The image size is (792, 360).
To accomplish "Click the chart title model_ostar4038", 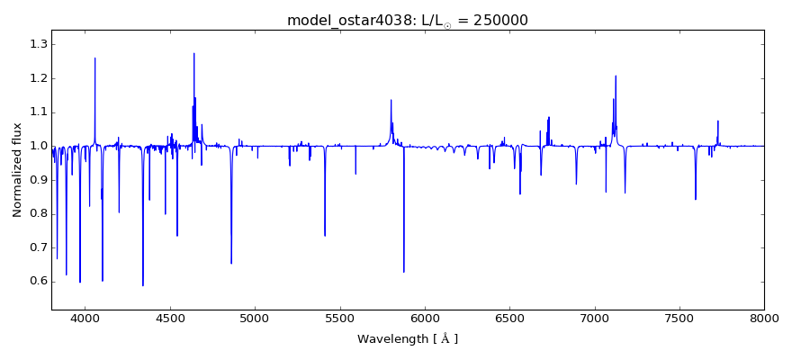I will [x=345, y=21].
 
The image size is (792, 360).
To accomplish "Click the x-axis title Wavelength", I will [x=407, y=339].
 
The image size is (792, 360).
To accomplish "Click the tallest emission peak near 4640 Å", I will [x=193, y=53].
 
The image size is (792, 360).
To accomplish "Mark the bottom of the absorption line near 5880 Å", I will [x=404, y=272].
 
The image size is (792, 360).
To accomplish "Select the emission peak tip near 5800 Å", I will [x=391, y=100].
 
